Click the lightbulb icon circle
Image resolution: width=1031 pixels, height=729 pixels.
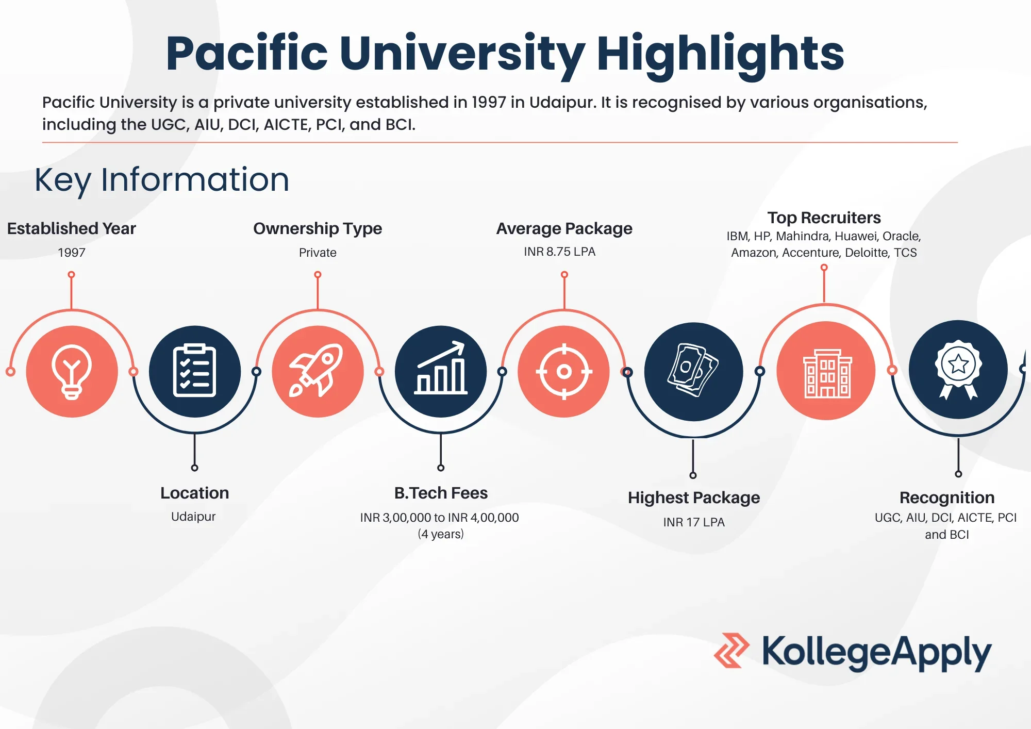72,371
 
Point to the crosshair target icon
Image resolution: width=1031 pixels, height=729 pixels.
564,371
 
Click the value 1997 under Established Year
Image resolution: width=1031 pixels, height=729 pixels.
72,253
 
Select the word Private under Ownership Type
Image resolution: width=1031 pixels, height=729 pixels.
318,253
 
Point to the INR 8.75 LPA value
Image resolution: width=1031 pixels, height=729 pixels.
560,252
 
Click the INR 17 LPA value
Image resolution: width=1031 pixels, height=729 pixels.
694,522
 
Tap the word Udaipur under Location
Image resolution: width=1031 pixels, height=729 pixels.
193,517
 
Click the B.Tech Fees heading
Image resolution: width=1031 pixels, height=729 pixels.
441,493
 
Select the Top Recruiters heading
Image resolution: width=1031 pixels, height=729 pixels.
824,218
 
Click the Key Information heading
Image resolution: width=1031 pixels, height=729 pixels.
162,180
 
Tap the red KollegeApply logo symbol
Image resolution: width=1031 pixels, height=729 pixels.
731,651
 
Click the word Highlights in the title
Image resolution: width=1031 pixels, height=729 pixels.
720,54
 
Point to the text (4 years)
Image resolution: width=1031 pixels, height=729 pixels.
441,534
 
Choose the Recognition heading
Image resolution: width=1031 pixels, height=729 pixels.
947,498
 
